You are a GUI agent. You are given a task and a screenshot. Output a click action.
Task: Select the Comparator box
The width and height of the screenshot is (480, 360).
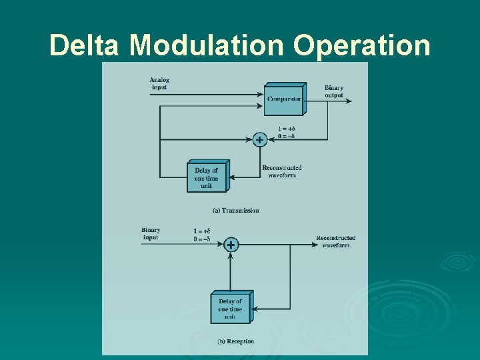tap(284, 99)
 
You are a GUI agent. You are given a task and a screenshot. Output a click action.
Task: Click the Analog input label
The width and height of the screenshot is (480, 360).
tap(160, 83)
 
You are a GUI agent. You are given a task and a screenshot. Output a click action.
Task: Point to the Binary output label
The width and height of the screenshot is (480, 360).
tap(334, 92)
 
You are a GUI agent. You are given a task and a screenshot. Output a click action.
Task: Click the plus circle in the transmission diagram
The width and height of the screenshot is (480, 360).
tap(259, 140)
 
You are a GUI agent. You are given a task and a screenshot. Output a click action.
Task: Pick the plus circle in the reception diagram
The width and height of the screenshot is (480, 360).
tap(231, 245)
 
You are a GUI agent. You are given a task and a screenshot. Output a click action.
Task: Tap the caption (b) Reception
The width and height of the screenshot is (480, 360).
tap(235, 341)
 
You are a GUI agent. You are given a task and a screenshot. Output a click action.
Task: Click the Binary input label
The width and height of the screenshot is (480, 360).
tap(151, 234)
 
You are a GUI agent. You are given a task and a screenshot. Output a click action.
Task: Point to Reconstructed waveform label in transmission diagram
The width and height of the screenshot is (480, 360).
tap(282, 171)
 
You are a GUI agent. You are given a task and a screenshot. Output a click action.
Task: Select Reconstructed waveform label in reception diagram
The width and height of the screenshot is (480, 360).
tap(335, 241)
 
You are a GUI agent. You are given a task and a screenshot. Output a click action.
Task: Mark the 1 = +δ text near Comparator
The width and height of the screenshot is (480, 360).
tap(286, 129)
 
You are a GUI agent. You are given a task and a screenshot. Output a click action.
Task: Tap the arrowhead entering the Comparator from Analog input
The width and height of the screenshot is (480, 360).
tap(262, 94)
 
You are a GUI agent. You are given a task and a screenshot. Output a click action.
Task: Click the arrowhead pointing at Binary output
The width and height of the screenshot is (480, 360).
tap(349, 101)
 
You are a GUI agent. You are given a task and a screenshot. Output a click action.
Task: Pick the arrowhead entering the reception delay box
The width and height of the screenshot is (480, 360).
tap(254, 309)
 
